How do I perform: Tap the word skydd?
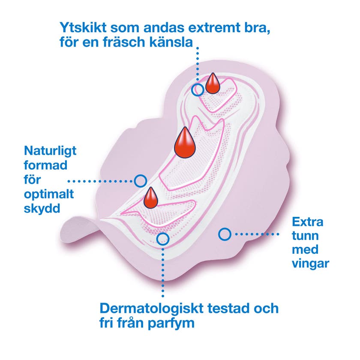click(42, 208)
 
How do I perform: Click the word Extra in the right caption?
click(308, 222)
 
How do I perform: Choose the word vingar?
click(310, 263)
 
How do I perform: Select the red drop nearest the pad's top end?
click(212, 84)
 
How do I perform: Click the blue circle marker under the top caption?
click(198, 90)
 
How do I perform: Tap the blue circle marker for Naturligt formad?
click(140, 181)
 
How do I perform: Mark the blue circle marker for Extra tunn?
click(224, 234)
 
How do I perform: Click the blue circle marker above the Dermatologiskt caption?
click(162, 238)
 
